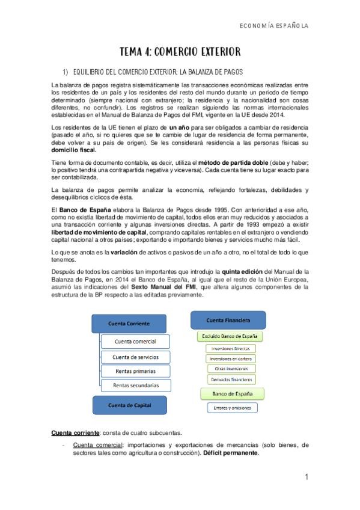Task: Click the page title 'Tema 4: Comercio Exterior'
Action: coord(180,52)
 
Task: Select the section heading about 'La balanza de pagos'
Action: coord(157,71)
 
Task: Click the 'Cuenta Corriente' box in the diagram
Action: coord(128,324)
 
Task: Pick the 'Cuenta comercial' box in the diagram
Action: coord(136,341)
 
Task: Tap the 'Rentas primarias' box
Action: coord(136,370)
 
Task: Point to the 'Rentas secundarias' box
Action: coord(136,385)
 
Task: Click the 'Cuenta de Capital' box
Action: coord(128,405)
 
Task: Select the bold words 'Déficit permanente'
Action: coord(231,452)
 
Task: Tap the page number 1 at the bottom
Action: coord(306,478)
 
